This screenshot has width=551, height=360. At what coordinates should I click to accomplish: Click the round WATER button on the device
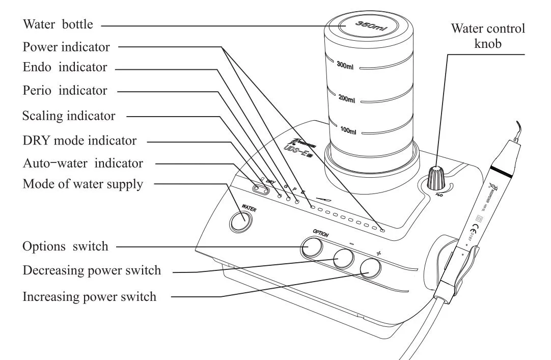point(240,221)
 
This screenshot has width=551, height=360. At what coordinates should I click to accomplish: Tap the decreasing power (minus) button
point(344,259)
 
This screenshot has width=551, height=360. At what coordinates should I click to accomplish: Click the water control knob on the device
point(435,178)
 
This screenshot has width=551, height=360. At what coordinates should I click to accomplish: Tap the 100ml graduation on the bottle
point(348,131)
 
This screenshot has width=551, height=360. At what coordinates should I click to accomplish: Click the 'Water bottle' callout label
point(57,24)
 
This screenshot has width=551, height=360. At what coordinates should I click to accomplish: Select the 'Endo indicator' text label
point(65,67)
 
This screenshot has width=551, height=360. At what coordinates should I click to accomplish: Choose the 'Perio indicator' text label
point(65,91)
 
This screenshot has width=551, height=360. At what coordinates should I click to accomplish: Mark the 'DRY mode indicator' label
point(79,140)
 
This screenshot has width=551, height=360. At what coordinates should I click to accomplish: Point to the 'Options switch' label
point(65,246)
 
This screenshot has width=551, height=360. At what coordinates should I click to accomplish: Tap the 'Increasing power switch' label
point(90,296)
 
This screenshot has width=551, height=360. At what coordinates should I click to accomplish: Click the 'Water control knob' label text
point(487,36)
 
